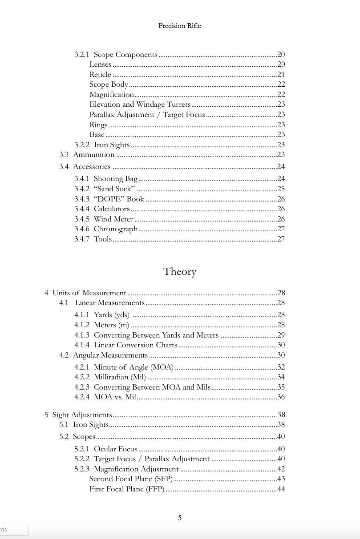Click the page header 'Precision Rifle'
[x=179, y=26]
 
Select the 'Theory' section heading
[x=179, y=272]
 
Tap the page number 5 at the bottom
[x=180, y=518]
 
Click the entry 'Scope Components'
[x=125, y=55]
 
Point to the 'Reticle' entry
[x=100, y=75]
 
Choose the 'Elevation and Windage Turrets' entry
[x=140, y=105]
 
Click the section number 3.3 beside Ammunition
[x=64, y=155]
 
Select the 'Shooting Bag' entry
[x=115, y=179]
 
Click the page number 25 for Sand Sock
[x=281, y=189]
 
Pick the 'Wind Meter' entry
[x=113, y=219]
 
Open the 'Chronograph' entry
[x=116, y=229]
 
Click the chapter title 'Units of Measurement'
[x=89, y=293]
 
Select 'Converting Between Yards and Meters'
[x=156, y=335]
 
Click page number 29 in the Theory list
[x=281, y=335]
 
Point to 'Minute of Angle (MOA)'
[x=133, y=367]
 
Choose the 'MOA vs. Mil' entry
[x=115, y=397]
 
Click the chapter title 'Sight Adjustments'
[x=82, y=415]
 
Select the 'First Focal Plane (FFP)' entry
[x=127, y=489]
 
